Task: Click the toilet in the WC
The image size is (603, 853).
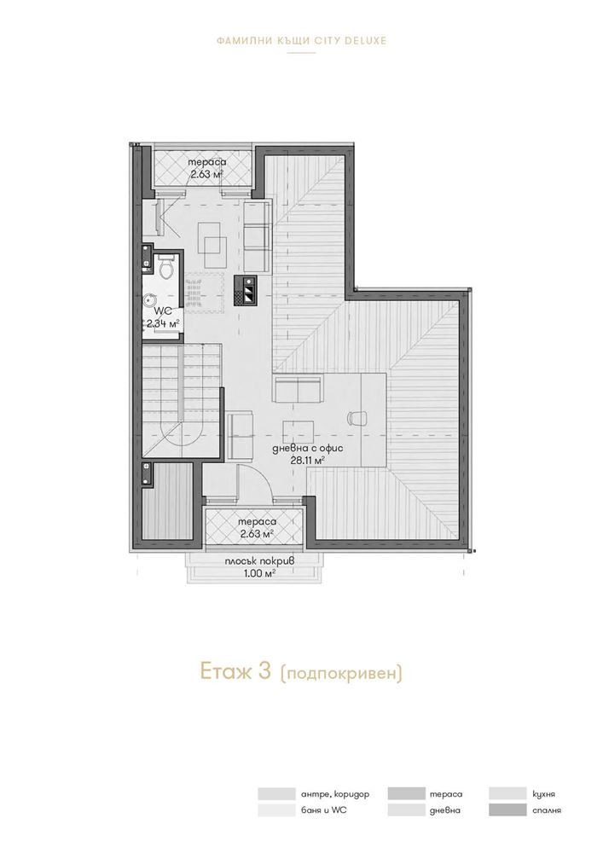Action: coord(167,267)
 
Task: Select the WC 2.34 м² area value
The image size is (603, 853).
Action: coord(163,324)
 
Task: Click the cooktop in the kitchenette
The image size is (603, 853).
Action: coord(246,291)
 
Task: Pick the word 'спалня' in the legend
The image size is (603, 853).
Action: coord(546,809)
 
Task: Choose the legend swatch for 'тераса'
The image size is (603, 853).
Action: coord(405,793)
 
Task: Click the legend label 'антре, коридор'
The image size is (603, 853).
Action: coord(330,793)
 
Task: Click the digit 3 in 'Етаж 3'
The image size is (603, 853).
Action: coord(264,672)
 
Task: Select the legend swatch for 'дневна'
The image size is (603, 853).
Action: coord(405,809)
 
